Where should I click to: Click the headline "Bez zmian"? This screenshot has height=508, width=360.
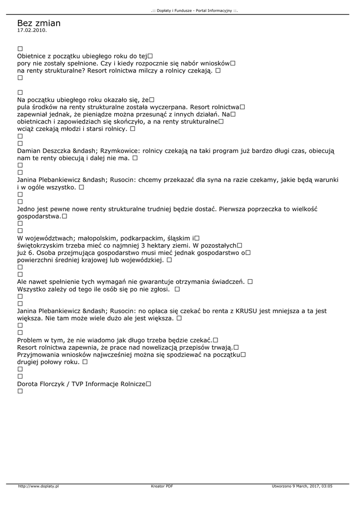pyautogui.click(x=39, y=23)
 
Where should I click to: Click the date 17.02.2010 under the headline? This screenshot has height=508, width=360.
pyautogui.click(x=32, y=31)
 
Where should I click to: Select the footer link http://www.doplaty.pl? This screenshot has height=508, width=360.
pyautogui.click(x=38, y=486)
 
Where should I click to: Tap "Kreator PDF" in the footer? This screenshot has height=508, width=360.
pyautogui.click(x=162, y=486)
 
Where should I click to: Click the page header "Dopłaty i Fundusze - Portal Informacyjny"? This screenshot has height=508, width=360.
pyautogui.click(x=194, y=10)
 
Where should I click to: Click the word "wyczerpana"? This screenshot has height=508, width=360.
pyautogui.click(x=166, y=106)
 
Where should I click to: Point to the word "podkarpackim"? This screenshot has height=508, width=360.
pyautogui.click(x=141, y=238)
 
